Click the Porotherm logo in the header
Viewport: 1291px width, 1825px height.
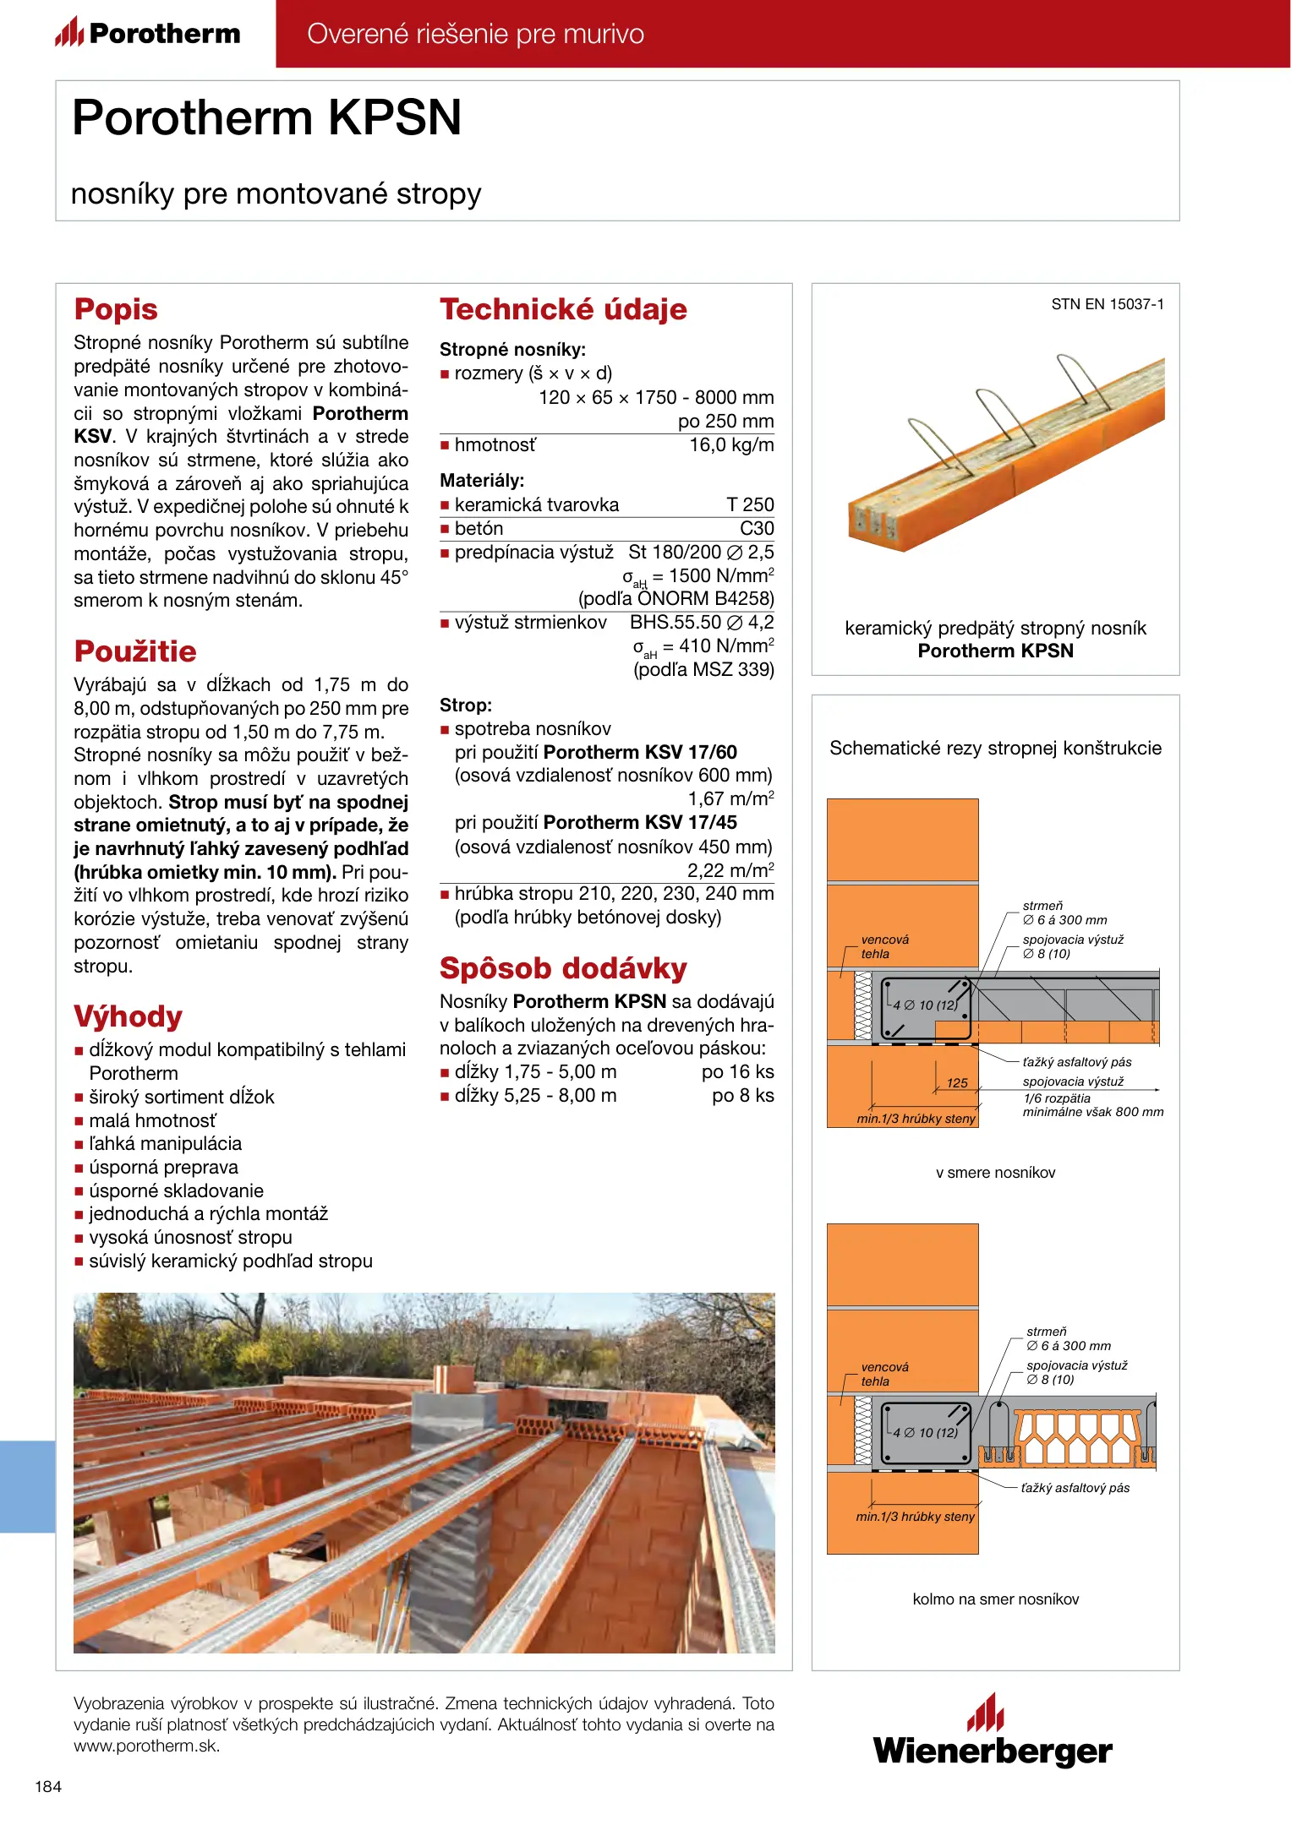pyautogui.click(x=148, y=34)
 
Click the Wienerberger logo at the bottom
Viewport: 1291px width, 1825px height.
pyautogui.click(x=993, y=1733)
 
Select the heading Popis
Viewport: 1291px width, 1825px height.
pyautogui.click(x=116, y=309)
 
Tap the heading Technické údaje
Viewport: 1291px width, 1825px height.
pyautogui.click(x=563, y=309)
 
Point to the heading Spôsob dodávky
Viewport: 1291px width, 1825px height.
pyautogui.click(x=563, y=968)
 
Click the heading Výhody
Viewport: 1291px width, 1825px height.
pyautogui.click(x=128, y=1016)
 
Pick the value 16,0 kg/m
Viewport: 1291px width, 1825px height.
pyautogui.click(x=731, y=445)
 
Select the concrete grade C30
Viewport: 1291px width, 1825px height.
pyautogui.click(x=757, y=529)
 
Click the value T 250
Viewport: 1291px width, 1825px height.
pyautogui.click(x=750, y=505)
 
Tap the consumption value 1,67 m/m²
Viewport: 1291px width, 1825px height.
pyautogui.click(x=730, y=799)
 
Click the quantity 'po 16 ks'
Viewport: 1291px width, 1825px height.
pyautogui.click(x=737, y=1072)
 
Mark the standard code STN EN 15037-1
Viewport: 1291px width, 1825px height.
pyautogui.click(x=1108, y=304)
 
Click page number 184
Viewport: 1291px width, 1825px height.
pyautogui.click(x=48, y=1786)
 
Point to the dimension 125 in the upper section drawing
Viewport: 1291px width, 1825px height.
pyautogui.click(x=957, y=1083)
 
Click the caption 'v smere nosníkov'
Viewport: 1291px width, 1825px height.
pyautogui.click(x=995, y=1173)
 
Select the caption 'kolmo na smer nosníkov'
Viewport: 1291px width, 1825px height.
pyautogui.click(x=995, y=1599)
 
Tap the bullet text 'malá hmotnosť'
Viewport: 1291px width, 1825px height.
pyautogui.click(x=152, y=1120)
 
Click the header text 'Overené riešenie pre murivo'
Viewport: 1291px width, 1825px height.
pyautogui.click(x=475, y=34)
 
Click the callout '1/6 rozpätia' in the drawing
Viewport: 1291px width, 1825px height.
pyautogui.click(x=1057, y=1098)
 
